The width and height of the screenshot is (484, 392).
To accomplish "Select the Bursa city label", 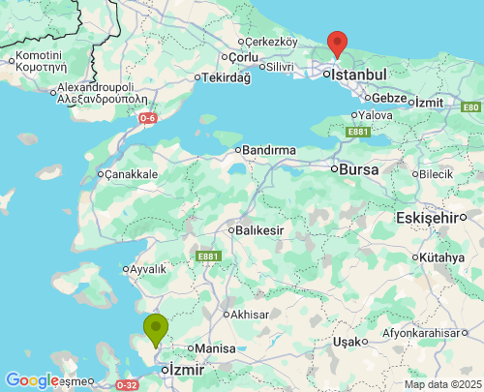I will (358, 168).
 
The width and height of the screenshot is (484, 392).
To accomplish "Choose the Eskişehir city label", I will (426, 219).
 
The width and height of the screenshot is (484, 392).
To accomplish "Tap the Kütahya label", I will (444, 257).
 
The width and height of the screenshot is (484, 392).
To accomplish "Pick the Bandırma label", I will (268, 151).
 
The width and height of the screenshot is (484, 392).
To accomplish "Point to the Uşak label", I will (346, 342).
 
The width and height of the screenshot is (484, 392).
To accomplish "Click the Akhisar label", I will (248, 315).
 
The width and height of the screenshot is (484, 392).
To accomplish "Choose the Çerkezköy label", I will (271, 43).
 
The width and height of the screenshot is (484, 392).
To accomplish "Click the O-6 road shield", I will (147, 118).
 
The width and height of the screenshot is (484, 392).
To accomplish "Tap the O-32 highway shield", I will (127, 384).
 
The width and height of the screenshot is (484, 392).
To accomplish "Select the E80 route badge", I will (470, 107).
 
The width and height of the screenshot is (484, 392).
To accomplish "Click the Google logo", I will (32, 380).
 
